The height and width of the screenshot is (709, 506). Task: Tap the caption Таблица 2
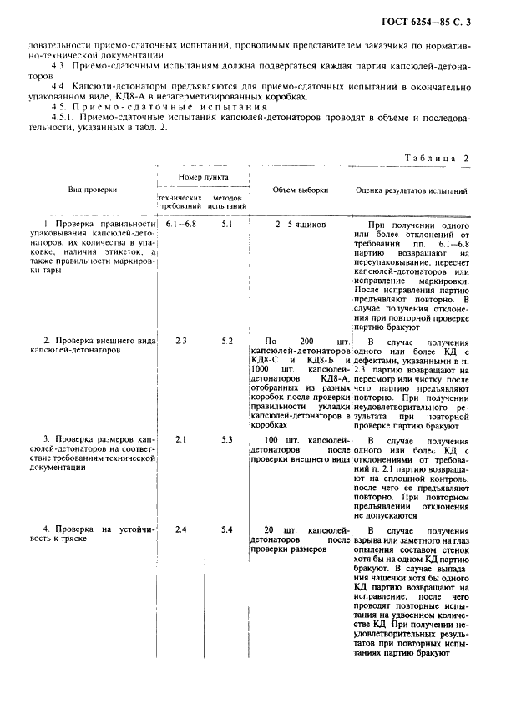click(436, 158)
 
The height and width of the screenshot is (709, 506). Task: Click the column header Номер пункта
click(204, 177)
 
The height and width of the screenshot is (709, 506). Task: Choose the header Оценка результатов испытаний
click(412, 190)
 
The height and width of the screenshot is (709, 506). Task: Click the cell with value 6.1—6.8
click(181, 225)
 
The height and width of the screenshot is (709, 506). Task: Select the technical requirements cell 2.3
click(181, 341)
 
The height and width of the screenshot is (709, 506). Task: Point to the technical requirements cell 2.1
click(181, 438)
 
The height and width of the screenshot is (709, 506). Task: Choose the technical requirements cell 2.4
click(181, 529)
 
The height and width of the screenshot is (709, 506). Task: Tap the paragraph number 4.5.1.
click(63, 118)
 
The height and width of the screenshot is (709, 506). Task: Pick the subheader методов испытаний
click(227, 200)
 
